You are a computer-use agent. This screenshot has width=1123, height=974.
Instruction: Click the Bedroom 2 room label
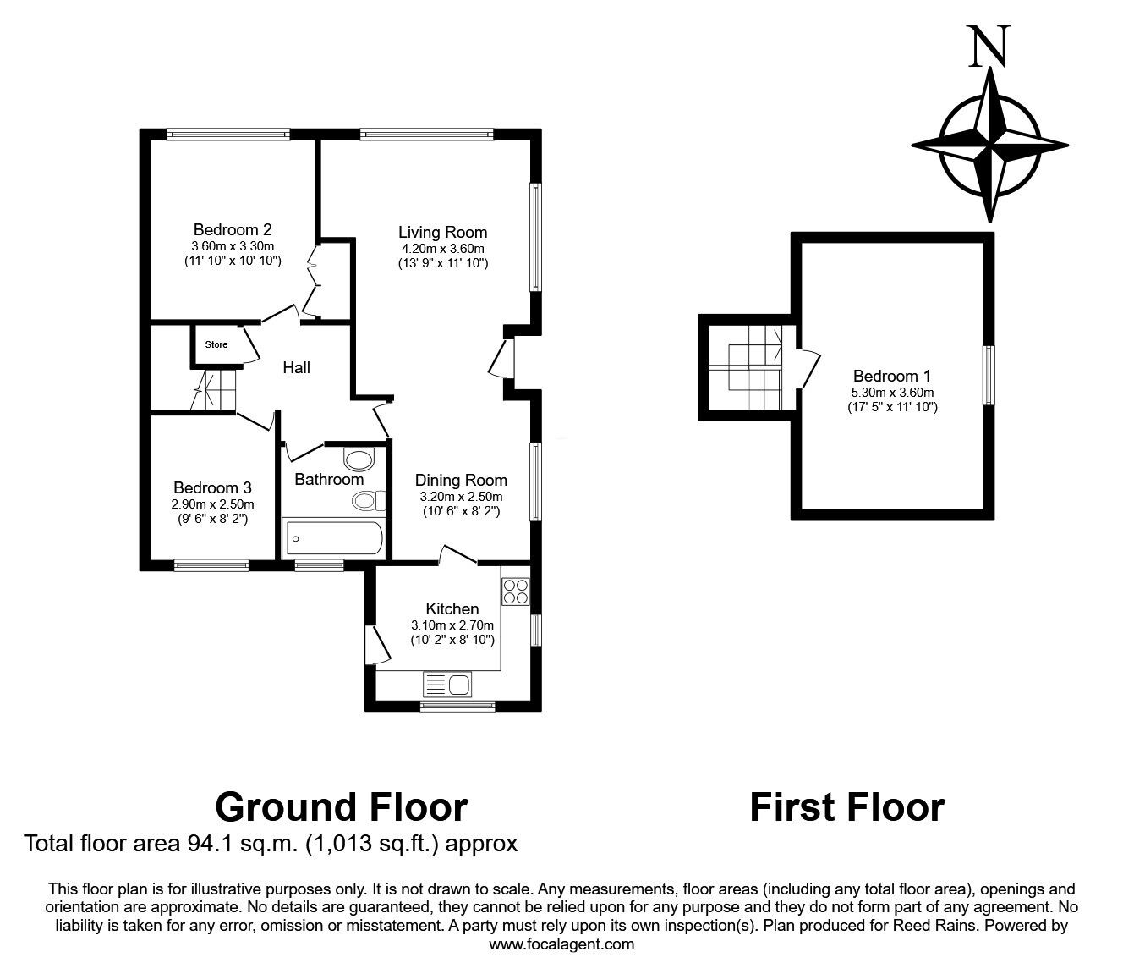coord(232,229)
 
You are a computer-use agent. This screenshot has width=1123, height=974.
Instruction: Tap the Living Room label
coord(442,232)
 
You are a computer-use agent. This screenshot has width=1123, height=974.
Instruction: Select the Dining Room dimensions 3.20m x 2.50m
coord(461,497)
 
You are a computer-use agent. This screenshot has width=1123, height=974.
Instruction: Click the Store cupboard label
coord(216,344)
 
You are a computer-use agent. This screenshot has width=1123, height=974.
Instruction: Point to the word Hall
coord(296,367)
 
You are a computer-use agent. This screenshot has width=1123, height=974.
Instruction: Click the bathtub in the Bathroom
coord(334,537)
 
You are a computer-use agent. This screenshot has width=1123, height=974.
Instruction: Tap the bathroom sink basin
coord(359,460)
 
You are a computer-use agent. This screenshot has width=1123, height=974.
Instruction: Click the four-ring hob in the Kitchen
coord(515,591)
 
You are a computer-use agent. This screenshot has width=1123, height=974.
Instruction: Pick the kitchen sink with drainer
coord(448,684)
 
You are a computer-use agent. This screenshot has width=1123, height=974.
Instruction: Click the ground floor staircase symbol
coord(213,389)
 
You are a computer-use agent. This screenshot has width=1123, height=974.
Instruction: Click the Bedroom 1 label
coord(891,376)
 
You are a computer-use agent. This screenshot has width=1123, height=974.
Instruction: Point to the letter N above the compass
coord(989,47)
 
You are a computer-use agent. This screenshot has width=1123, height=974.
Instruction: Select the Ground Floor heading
coord(341,806)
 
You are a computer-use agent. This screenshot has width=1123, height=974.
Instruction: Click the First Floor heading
coord(846,806)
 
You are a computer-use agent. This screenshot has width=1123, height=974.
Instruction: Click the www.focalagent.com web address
coord(561,944)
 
